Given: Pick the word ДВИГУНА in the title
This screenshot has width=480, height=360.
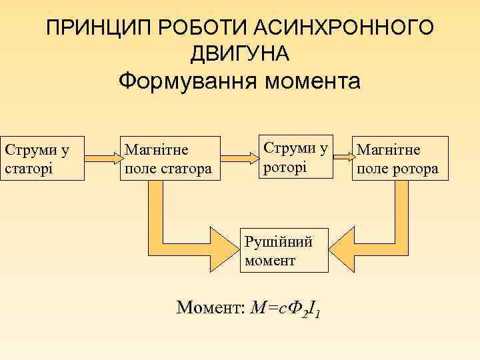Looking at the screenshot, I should [239, 53].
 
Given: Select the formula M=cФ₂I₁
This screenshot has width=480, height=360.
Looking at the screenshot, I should [287, 308].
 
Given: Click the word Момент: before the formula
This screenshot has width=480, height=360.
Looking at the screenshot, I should [209, 307].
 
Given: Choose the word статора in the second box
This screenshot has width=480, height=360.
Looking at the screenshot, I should [186, 169].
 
